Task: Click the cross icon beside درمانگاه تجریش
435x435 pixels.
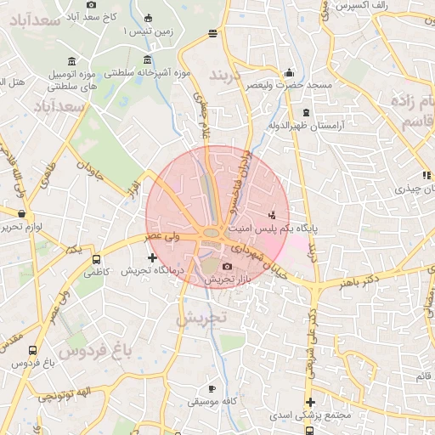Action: [x=152, y=257]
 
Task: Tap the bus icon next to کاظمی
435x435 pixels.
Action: [x=95, y=259]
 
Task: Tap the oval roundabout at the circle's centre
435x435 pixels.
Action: [x=212, y=233]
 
